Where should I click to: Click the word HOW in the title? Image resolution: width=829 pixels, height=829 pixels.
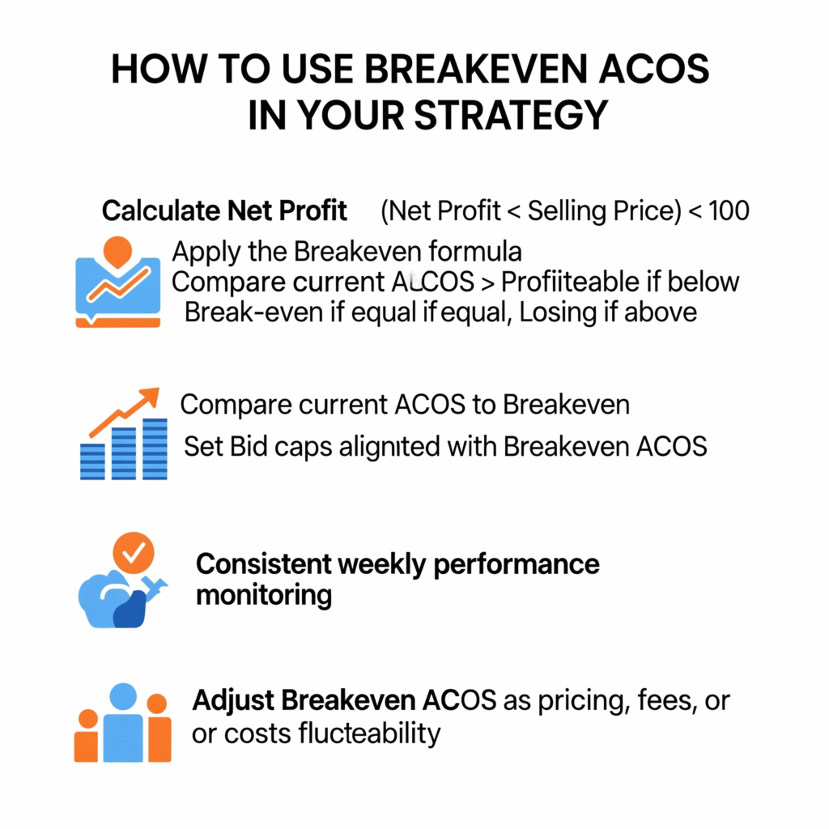(159, 70)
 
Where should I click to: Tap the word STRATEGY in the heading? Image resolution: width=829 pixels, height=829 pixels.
(512, 115)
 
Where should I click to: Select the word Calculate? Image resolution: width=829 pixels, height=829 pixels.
(161, 210)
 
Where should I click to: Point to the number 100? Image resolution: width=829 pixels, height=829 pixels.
(729, 210)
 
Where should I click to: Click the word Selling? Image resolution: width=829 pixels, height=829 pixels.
(567, 210)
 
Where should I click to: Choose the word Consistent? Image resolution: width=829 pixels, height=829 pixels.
(263, 564)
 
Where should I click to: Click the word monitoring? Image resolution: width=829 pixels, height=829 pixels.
(264, 596)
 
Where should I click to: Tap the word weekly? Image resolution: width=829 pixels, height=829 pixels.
(382, 564)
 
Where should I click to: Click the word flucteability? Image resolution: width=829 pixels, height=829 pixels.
(369, 733)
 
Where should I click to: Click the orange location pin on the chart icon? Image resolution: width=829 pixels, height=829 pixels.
(117, 252)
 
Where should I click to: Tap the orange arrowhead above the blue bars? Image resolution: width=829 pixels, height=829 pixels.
(150, 396)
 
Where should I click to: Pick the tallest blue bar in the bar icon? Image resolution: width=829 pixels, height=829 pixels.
(155, 449)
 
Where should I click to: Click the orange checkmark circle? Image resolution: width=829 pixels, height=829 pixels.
(134, 553)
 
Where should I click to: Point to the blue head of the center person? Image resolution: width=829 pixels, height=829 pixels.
(123, 697)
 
